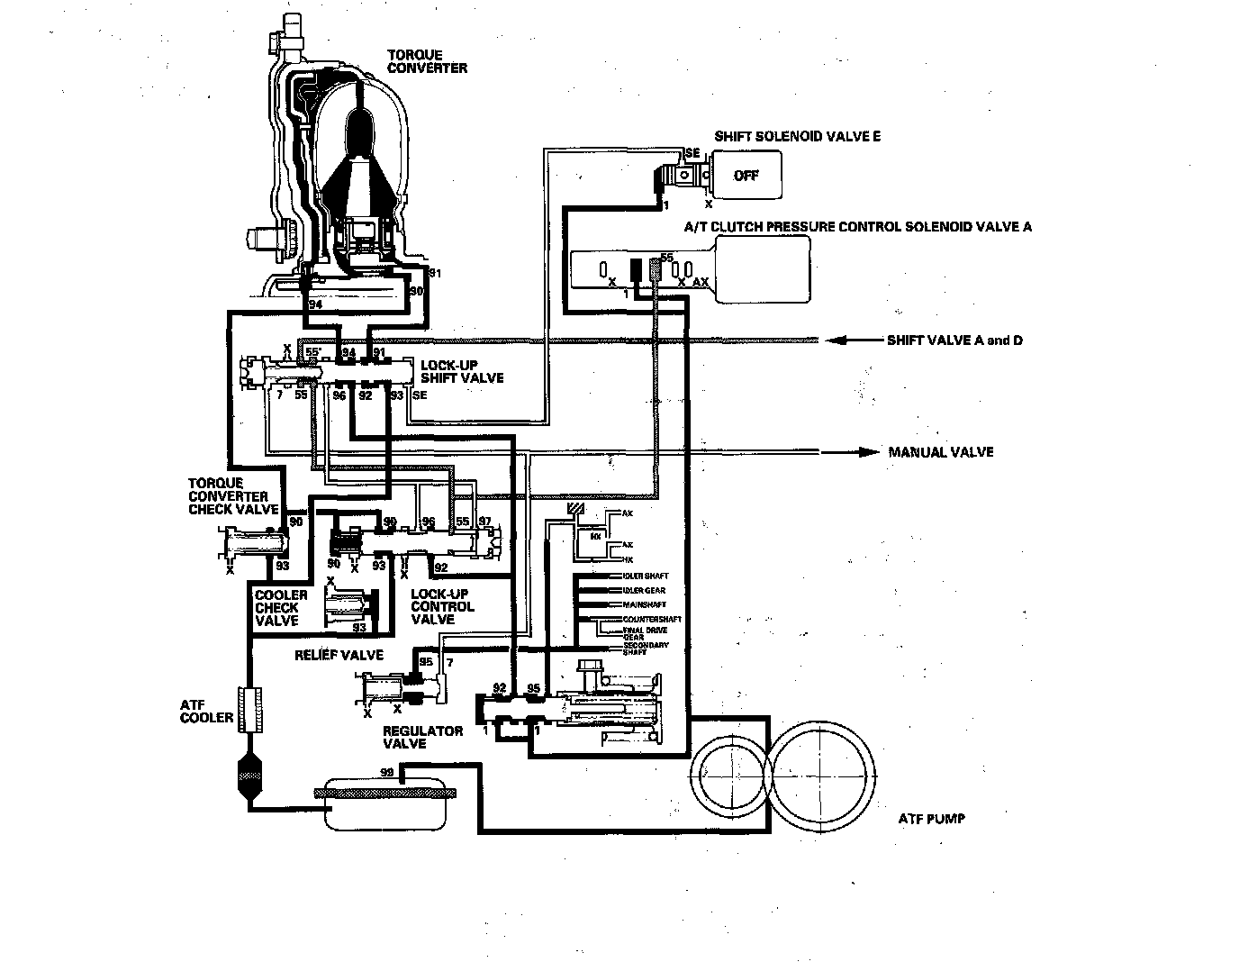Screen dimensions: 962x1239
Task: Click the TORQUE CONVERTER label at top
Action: tap(426, 61)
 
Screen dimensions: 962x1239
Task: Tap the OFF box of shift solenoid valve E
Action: tap(746, 176)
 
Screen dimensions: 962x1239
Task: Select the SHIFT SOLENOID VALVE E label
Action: tap(797, 137)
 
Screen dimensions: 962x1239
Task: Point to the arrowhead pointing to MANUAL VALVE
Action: tap(868, 451)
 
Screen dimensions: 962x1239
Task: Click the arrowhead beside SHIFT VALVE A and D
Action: tap(837, 340)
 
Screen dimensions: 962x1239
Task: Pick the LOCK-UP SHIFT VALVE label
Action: tap(462, 371)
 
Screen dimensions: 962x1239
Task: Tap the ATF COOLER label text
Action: tap(206, 712)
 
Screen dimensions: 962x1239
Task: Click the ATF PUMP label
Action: tap(931, 819)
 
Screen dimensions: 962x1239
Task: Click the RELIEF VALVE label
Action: tap(339, 655)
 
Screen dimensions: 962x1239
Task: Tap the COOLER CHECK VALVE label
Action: tap(281, 608)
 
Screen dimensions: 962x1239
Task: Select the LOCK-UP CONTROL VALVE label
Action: tap(442, 606)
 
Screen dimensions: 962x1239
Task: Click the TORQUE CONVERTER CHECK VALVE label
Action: tap(229, 496)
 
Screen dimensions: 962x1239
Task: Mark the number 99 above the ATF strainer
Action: tap(386, 773)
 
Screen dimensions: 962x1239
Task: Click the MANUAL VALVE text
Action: tap(941, 452)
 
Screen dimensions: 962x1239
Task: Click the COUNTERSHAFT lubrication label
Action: tap(652, 620)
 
